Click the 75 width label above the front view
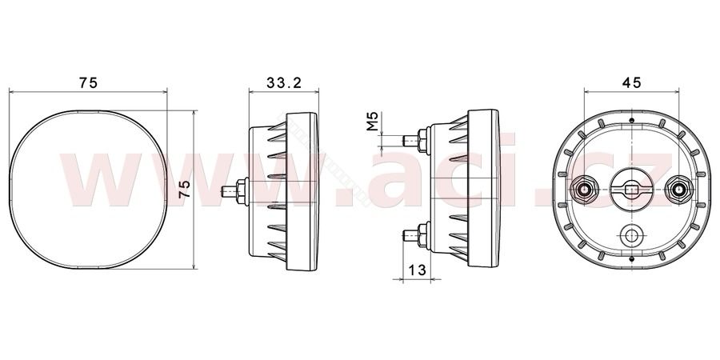(88, 82)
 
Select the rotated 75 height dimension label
(184, 189)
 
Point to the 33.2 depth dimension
(284, 82)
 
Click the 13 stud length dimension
(418, 270)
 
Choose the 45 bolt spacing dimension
(631, 82)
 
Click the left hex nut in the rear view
(584, 189)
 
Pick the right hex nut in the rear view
(678, 189)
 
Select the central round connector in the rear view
(631, 190)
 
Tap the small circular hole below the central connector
(631, 235)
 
